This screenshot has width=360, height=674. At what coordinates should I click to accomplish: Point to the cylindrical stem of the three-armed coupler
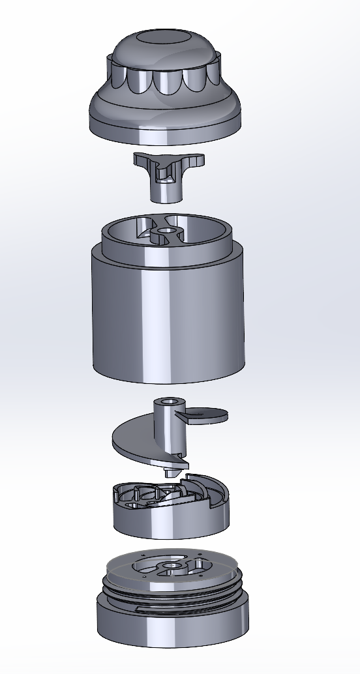[x=168, y=191]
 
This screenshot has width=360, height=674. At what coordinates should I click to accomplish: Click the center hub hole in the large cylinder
[x=167, y=232]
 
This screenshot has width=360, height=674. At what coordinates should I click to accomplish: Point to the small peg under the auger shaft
[x=172, y=471]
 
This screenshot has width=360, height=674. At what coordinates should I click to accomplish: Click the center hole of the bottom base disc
[x=171, y=566]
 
